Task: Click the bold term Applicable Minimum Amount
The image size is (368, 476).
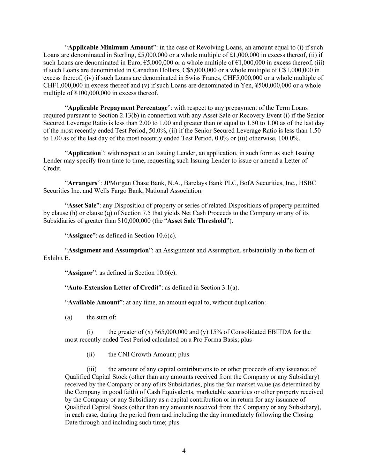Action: tap(110, 47)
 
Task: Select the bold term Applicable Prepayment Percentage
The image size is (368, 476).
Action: tap(118, 108)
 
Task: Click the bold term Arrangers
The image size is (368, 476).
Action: tap(82, 183)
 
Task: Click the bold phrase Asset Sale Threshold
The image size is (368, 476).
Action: tap(197, 221)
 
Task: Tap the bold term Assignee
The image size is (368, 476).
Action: tap(80, 235)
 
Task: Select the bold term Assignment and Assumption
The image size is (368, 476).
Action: tap(108, 250)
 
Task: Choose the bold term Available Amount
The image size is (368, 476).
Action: tap(93, 302)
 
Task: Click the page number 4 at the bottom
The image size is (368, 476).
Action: tap(184, 451)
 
